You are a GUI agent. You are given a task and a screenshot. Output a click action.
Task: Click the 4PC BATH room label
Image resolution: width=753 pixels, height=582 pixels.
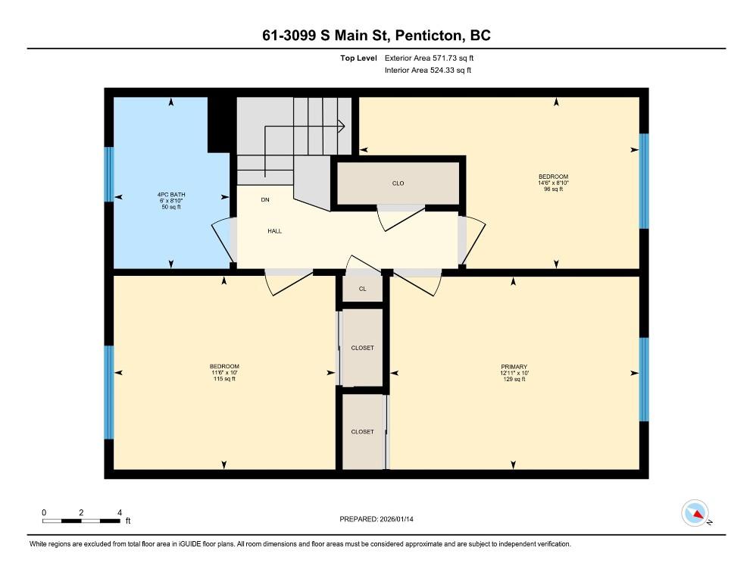171,195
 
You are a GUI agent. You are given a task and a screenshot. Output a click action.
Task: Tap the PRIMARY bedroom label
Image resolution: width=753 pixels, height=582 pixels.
514,367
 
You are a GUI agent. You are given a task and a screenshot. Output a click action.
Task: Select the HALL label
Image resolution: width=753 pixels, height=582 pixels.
275,231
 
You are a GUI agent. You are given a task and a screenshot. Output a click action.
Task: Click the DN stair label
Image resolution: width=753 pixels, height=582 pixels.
265,200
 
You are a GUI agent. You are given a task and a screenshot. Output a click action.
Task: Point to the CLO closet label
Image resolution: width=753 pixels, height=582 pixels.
398,183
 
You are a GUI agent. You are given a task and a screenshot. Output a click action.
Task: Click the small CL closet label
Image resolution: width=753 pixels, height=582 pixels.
363,289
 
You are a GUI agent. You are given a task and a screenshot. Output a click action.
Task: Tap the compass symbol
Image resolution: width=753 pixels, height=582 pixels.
695,513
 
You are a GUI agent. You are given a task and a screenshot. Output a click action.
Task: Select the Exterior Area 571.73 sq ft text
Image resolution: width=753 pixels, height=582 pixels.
429,58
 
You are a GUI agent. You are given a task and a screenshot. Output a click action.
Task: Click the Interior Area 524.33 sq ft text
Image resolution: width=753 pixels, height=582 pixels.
428,70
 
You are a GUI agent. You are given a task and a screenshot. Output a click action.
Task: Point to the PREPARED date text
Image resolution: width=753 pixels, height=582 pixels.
376,519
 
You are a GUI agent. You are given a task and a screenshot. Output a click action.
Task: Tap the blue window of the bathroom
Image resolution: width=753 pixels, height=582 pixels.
110,174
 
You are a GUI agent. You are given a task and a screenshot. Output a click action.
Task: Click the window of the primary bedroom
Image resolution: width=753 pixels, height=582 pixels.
644,380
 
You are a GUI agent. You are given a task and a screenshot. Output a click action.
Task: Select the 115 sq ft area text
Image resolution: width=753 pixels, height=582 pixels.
224,379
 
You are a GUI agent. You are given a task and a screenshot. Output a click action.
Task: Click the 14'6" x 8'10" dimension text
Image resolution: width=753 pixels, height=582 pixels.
553,183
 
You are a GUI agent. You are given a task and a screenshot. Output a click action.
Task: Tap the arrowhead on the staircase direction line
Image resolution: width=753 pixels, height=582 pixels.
342,127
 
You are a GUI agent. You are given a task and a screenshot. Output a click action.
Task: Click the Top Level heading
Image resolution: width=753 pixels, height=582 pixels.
359,58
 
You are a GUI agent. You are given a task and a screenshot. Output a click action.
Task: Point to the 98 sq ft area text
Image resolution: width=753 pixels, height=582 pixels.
553,189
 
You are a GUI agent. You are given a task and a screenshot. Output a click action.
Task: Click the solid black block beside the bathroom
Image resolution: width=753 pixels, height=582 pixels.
222,125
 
